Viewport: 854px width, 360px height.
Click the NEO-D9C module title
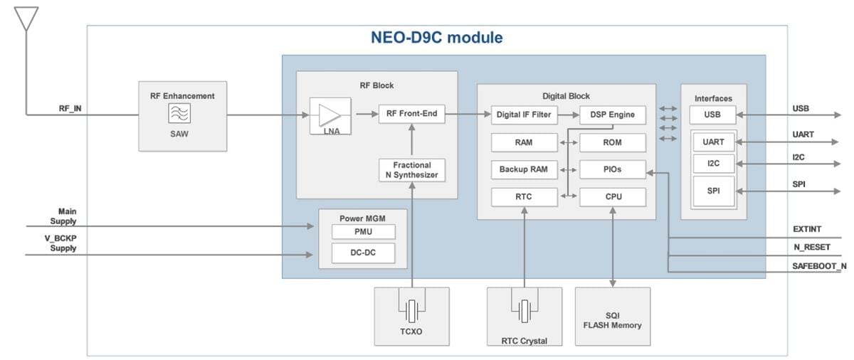[x=436, y=38]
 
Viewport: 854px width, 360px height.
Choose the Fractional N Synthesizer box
[x=412, y=170]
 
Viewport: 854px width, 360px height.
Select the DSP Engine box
[x=612, y=114]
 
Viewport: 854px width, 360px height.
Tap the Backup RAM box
[x=523, y=170]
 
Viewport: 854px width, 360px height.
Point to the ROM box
[x=612, y=142]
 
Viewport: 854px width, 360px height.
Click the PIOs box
[x=612, y=170]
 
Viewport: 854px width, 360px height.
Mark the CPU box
[x=612, y=197]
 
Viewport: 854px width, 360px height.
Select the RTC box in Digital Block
[x=523, y=197]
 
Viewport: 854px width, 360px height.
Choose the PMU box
[x=363, y=232]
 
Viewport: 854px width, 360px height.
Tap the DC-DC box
[x=363, y=253]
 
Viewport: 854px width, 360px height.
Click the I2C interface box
[x=713, y=164]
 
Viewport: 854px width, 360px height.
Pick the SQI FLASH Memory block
[x=612, y=317]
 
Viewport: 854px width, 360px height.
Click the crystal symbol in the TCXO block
[x=411, y=310]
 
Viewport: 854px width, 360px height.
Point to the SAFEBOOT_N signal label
[x=819, y=266]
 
